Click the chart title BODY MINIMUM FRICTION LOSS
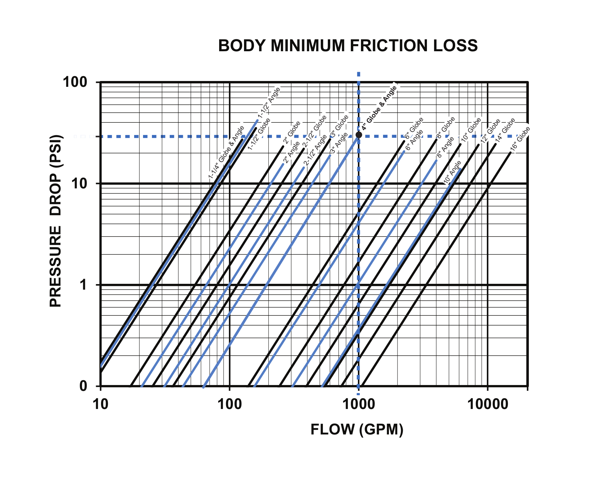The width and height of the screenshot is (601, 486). [347, 46]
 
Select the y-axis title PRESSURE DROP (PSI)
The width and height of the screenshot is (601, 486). [56, 221]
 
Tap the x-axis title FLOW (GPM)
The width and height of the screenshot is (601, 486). [357, 429]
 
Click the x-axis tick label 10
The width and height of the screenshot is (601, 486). [100, 404]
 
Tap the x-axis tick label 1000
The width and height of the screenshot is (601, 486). [358, 404]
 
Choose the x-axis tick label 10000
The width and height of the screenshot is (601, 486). [487, 404]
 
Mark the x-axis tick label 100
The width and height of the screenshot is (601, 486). [230, 404]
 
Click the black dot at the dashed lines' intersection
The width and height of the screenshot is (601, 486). [359, 135]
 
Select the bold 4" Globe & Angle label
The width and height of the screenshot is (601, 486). [379, 108]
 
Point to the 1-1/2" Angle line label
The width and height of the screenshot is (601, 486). [269, 103]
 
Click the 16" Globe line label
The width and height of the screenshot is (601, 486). [520, 139]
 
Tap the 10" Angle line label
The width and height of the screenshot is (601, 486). [453, 172]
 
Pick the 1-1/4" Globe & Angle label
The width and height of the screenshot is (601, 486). [226, 152]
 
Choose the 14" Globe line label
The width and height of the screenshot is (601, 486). [506, 130]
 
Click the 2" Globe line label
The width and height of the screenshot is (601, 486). [292, 132]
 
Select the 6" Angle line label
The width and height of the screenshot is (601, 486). [414, 140]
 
